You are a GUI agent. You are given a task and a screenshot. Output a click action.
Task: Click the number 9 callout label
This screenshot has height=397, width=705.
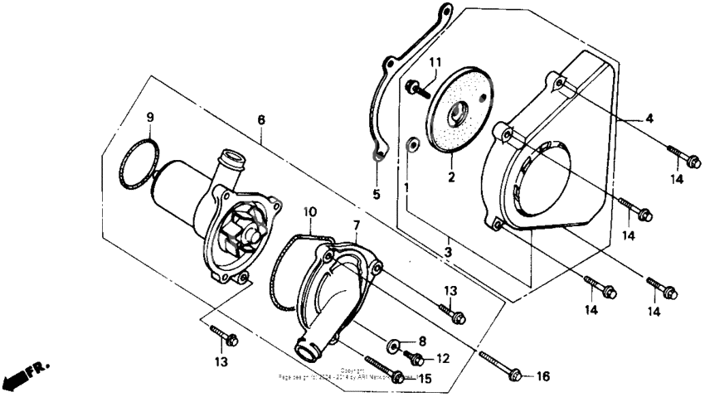(150, 117)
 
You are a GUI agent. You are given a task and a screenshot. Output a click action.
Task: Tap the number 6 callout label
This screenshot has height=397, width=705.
(261, 120)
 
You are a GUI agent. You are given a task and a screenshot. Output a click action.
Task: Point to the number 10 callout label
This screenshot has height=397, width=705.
(308, 212)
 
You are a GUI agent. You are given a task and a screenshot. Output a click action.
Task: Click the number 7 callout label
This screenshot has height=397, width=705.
(356, 225)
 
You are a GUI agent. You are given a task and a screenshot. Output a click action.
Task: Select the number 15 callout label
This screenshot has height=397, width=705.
(425, 379)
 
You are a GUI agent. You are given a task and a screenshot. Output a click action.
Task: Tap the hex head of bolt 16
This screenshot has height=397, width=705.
(514, 376)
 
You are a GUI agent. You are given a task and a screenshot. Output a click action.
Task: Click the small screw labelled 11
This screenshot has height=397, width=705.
(413, 85)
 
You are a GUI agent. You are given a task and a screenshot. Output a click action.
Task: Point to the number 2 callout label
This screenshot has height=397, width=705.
(451, 177)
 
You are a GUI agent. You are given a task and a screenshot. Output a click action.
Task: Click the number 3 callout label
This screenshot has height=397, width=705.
(447, 251)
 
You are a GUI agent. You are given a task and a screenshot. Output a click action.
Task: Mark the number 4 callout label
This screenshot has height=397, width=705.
(649, 119)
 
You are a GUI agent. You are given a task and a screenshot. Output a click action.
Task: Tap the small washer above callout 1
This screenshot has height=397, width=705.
(411, 146)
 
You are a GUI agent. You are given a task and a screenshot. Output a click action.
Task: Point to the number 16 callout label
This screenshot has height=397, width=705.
(542, 376)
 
